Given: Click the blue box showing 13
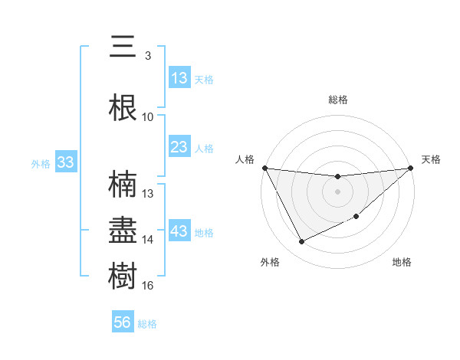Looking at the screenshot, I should pos(179,78).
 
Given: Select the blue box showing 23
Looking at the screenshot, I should pos(179,147).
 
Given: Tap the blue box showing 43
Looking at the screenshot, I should pos(179,231).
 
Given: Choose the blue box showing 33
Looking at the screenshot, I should pos(64,162).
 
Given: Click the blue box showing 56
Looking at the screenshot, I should pos(122,323).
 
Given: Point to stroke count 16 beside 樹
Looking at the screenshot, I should pos(148,286).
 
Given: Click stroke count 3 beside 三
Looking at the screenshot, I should pos(147,56).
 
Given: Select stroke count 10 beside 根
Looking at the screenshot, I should pos(148,117).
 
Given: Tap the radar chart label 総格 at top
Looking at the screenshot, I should pos(337,100).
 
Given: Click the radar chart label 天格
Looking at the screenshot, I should pos(432,159).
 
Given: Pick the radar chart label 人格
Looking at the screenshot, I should pos(245,159).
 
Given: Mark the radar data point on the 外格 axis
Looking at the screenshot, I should pos(301,242).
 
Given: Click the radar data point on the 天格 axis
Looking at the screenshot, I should pos(410,169).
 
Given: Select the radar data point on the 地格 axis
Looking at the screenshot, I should pos(357,217).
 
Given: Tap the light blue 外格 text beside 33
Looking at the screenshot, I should pos(40,163).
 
